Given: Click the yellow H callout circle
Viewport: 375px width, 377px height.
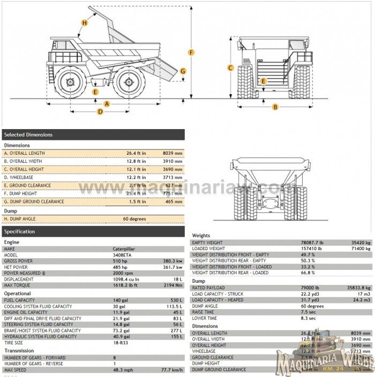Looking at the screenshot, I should pos(85,22).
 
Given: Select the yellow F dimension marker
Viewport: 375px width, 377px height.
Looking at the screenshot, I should pos(191,52).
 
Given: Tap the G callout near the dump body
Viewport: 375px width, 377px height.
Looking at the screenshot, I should pos(183,71).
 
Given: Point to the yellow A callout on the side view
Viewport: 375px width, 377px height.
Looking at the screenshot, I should pos(106,103).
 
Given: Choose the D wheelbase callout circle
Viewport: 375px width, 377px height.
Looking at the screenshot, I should pos(100,111).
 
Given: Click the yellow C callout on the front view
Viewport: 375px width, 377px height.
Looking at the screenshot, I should pos(230,67).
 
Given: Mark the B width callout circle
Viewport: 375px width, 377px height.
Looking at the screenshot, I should pos(275,107).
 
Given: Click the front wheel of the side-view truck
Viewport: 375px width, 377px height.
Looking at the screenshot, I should pos(70,82).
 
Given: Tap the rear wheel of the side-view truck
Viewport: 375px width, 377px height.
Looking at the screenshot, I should pos(129,82).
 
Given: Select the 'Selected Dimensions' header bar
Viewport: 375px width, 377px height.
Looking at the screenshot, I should pos(93,134).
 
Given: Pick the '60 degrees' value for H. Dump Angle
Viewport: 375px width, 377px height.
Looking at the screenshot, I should pos(134,218).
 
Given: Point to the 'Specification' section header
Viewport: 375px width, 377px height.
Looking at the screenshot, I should pos(93,231).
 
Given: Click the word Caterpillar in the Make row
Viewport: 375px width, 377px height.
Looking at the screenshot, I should pos(124,249).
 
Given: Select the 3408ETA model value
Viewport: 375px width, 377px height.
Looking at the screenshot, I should pos(121,255).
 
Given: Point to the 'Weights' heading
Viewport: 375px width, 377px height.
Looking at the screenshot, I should pos(201,236).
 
